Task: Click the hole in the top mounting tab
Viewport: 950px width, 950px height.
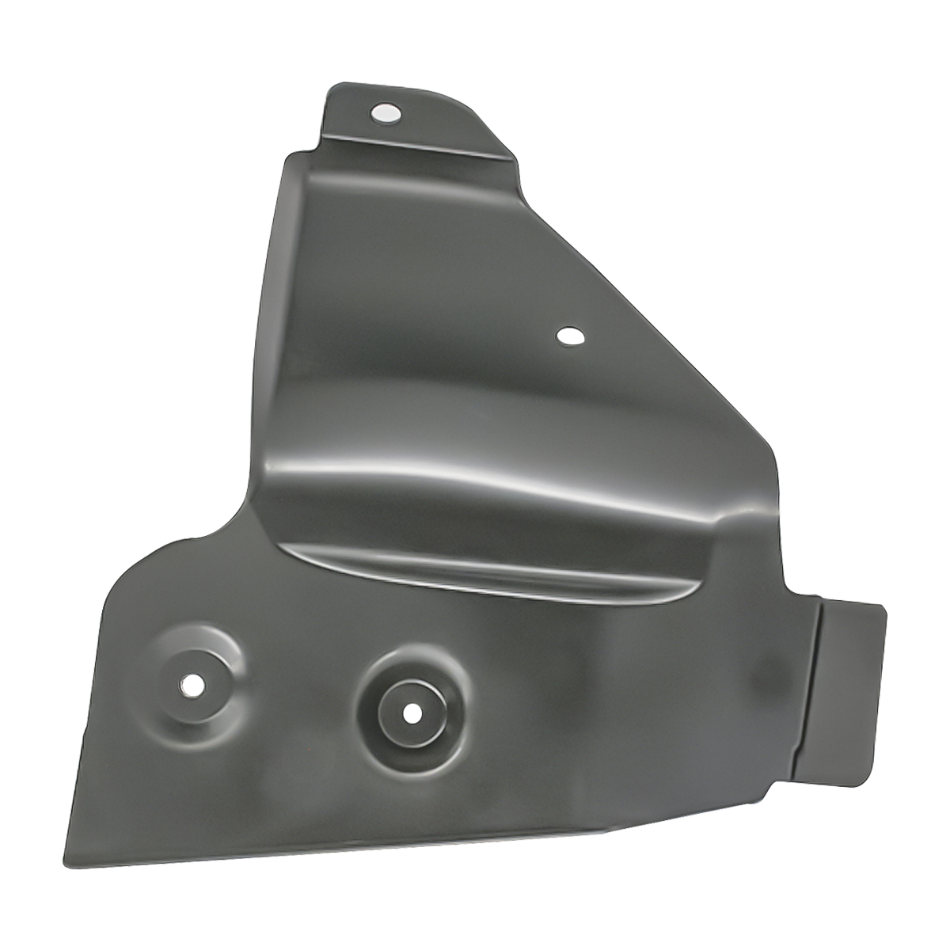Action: [x=386, y=113]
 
